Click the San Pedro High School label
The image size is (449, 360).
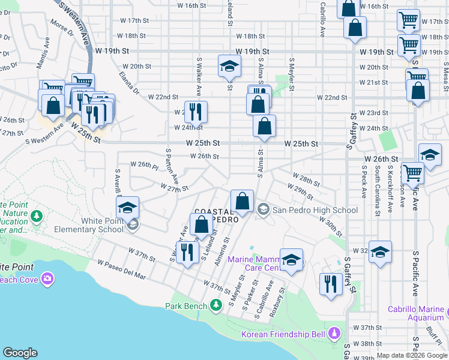(x=315, y=210)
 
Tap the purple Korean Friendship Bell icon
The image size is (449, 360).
(x=334, y=334)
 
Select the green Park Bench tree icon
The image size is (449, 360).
(x=216, y=306)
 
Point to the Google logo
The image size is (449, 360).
(x=20, y=353)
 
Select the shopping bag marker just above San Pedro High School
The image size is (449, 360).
(x=242, y=200)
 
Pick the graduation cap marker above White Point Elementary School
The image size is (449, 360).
(x=127, y=207)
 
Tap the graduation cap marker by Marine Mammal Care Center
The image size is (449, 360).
(x=291, y=259)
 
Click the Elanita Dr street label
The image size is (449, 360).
(x=128, y=83)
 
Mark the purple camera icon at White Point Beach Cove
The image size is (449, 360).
(x=47, y=278)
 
